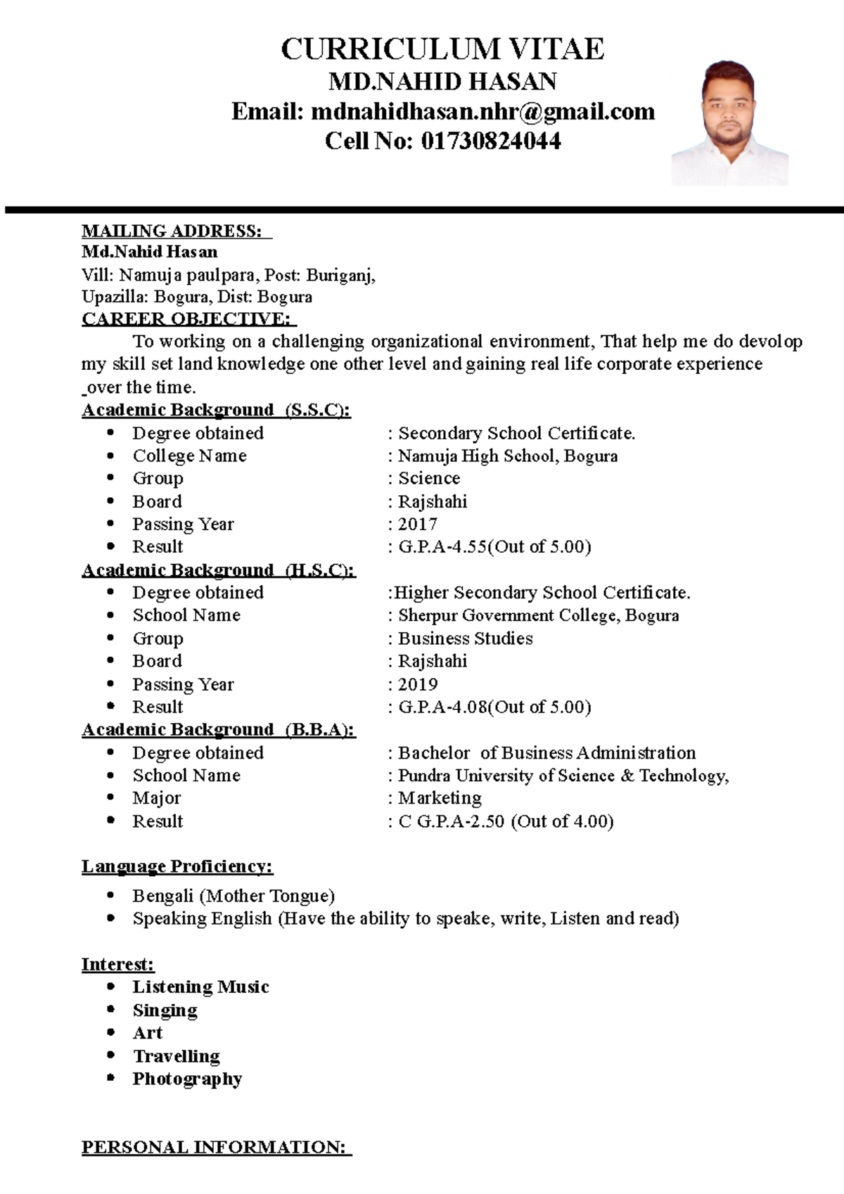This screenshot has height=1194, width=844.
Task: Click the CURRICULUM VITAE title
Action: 442,49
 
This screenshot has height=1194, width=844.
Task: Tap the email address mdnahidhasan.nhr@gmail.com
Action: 482,111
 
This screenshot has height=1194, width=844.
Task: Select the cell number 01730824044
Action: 490,141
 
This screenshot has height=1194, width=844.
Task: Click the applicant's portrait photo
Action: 729,123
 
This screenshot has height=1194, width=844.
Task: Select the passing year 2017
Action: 418,524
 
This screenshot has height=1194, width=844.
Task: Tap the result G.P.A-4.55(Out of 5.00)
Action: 494,546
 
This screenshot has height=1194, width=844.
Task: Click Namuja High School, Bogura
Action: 508,456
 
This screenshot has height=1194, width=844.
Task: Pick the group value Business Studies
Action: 466,638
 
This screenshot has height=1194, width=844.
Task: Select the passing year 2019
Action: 418,684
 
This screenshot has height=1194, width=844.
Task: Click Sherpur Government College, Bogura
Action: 539,615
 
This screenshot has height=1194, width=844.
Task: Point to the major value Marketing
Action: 440,798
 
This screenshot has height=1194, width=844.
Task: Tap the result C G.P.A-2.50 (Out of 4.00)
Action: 506,821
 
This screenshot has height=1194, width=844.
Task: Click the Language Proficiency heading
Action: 177,866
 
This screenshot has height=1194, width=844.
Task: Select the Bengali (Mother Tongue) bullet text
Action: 234,896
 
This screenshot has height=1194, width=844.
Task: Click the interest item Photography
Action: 187,1079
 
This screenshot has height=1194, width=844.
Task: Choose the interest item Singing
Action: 165,1010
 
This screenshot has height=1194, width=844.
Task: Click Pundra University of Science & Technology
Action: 563,776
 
